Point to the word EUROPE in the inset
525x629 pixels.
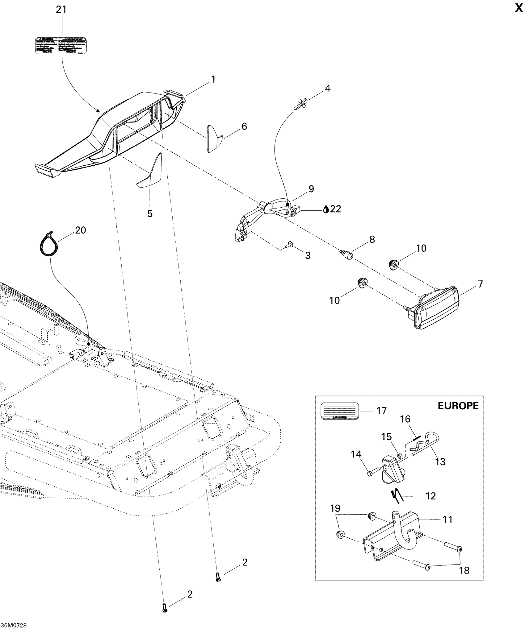458,406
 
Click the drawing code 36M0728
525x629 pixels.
14,625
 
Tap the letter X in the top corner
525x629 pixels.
519,9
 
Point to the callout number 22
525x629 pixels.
336,209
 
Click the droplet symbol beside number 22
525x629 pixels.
326,209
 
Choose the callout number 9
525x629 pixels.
311,189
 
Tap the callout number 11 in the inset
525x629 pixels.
447,520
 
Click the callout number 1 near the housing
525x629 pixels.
213,80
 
